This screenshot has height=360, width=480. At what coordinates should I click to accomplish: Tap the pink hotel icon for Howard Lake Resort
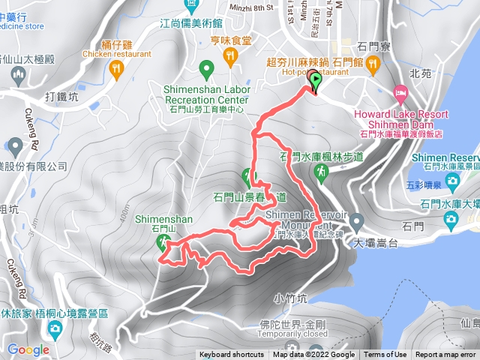400,95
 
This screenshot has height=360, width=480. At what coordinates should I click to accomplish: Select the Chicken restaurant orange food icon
116,69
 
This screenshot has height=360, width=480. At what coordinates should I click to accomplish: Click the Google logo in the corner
28,349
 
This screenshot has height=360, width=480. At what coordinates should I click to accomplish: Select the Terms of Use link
385,355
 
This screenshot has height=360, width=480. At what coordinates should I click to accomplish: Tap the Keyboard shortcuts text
232,355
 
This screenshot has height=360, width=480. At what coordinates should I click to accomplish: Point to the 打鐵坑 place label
61,96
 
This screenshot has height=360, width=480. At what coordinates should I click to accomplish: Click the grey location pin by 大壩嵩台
356,222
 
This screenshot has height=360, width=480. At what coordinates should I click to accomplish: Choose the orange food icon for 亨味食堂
231,53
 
